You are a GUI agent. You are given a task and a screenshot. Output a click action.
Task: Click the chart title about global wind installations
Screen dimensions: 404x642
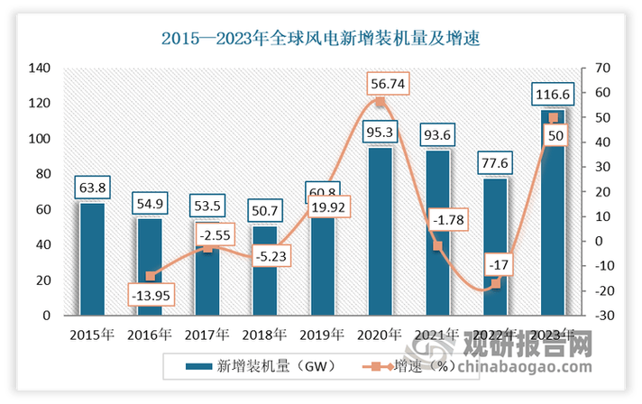320,38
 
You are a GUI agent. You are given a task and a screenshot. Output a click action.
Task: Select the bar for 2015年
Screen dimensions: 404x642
91,260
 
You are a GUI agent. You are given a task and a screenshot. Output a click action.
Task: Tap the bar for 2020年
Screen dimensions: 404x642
380,232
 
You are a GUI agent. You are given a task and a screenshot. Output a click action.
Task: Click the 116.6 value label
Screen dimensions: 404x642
552,94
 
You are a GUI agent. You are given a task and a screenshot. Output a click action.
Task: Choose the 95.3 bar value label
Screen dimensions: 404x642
380,133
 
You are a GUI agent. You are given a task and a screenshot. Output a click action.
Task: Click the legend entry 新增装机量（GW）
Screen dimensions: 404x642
262,366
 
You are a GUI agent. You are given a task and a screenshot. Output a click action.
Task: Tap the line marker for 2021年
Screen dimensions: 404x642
437,246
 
